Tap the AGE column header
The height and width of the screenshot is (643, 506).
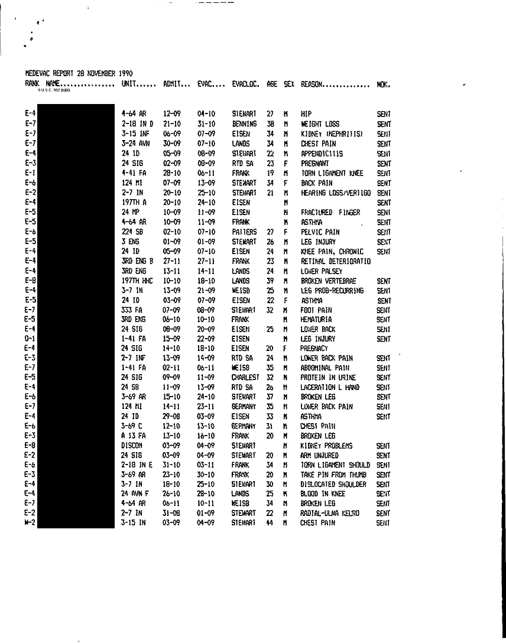271,84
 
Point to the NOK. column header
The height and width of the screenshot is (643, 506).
383,84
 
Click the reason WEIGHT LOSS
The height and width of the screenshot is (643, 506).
320,125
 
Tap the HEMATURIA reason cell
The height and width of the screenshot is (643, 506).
316,320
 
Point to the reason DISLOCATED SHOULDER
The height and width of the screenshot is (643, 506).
334,484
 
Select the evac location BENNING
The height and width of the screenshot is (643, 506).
244,125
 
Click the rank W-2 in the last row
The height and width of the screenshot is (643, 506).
30,522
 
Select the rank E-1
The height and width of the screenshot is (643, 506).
30,173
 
